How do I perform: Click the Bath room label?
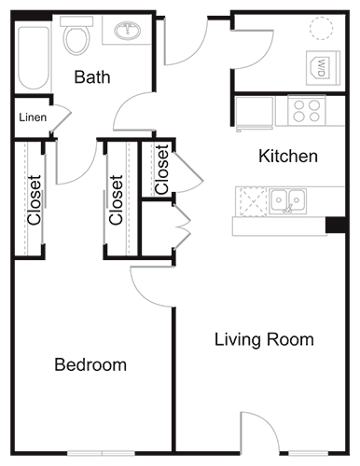[92, 76]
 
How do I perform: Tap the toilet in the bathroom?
[76, 37]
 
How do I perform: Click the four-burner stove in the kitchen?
[306, 111]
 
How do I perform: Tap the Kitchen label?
[287, 156]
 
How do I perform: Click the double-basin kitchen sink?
[289, 199]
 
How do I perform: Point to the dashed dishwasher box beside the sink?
[252, 199]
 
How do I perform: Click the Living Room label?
[264, 338]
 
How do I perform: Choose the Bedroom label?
[90, 363]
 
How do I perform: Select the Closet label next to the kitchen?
[162, 169]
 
